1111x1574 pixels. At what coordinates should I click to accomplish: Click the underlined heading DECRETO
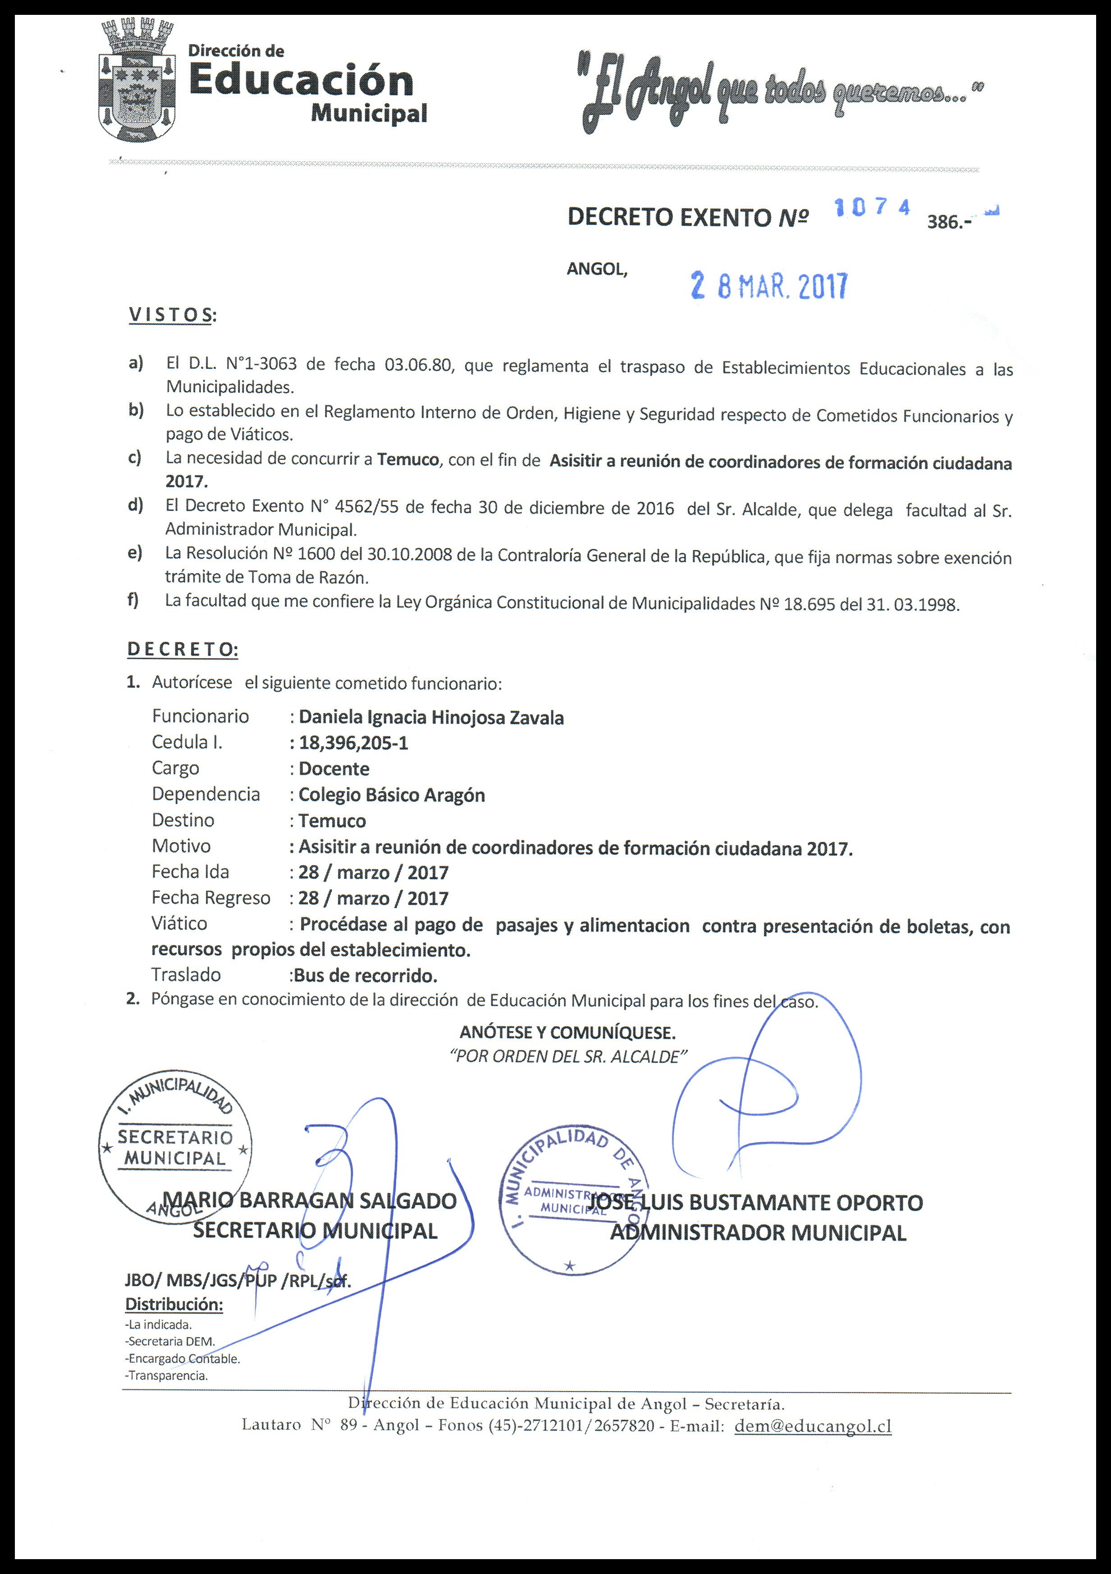tap(183, 649)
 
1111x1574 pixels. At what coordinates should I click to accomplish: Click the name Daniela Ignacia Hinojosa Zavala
tap(431, 718)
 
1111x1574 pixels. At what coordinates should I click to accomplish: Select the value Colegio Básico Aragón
tap(392, 795)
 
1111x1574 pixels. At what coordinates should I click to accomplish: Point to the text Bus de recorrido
tap(365, 975)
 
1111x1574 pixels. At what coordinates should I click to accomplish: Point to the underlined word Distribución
tap(174, 1305)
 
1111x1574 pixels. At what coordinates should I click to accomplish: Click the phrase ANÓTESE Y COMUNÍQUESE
tap(567, 1032)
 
